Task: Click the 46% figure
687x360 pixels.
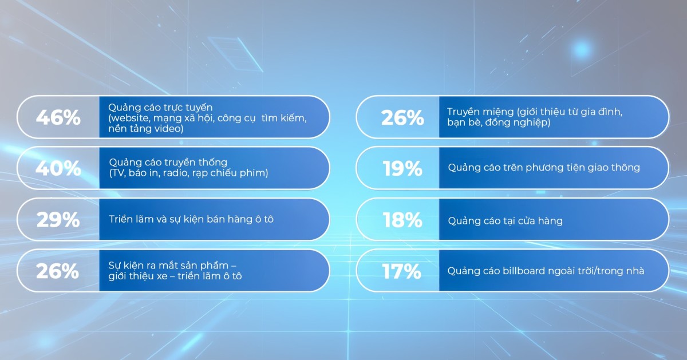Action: coord(58,117)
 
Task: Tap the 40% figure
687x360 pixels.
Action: coord(58,168)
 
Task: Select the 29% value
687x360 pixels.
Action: coord(58,220)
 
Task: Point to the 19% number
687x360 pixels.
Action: coord(402,168)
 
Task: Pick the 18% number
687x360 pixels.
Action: coord(402,220)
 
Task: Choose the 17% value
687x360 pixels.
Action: coord(401,271)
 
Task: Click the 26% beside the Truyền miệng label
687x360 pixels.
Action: coord(402,117)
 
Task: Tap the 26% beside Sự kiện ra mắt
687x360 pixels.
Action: coord(57,271)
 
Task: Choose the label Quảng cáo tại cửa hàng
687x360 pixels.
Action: coord(505,221)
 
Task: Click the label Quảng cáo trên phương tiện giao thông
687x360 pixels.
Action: coord(544,168)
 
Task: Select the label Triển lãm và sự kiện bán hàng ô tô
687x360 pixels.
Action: coord(191,219)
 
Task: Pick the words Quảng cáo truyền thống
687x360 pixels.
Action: coord(168,162)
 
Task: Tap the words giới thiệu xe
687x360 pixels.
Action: coord(138,276)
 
